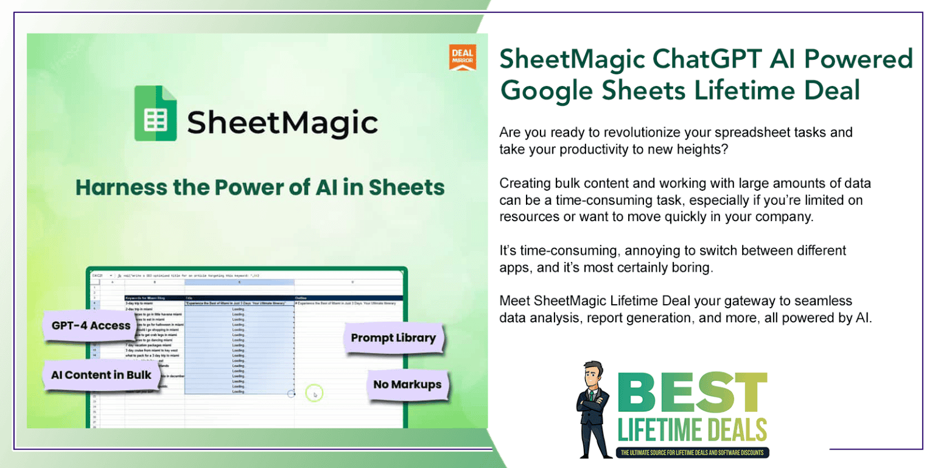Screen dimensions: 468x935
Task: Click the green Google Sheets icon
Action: click(156, 113)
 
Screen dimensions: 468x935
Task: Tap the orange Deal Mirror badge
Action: click(462, 57)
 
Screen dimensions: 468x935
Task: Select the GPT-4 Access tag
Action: click(91, 326)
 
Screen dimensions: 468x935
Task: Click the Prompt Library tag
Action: click(393, 338)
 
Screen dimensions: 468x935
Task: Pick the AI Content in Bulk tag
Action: click(101, 375)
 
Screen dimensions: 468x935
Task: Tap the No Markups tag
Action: click(407, 385)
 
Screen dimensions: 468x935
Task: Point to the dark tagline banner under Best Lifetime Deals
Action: click(693, 453)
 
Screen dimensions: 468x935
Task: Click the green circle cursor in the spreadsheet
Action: click(315, 394)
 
